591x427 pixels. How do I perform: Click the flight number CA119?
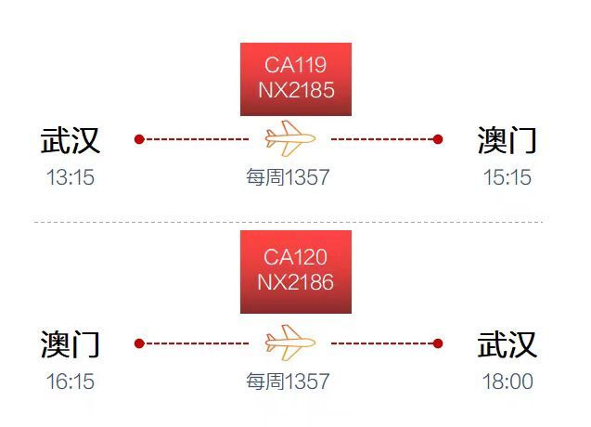pyautogui.click(x=295, y=65)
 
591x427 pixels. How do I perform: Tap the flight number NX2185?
pyautogui.click(x=296, y=90)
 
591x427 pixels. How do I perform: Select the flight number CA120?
pyautogui.click(x=295, y=257)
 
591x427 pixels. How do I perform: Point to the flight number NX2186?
pyautogui.click(x=295, y=282)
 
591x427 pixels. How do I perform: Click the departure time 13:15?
pyautogui.click(x=71, y=177)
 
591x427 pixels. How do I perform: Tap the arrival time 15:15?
pyautogui.click(x=507, y=177)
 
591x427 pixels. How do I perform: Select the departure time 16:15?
pyautogui.click(x=71, y=382)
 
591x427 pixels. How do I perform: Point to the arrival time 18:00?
pyautogui.click(x=507, y=382)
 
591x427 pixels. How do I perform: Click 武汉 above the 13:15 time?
pyautogui.click(x=71, y=140)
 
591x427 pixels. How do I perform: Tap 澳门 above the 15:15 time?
pyautogui.click(x=507, y=140)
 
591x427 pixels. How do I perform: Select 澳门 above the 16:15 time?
pyautogui.click(x=71, y=344)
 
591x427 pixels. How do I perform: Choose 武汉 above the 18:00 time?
pyautogui.click(x=507, y=344)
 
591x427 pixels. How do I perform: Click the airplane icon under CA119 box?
pyautogui.click(x=290, y=138)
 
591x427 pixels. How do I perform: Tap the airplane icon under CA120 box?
pyautogui.click(x=290, y=343)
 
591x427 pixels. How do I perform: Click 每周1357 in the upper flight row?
pyautogui.click(x=288, y=177)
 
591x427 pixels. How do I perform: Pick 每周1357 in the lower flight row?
pyautogui.click(x=288, y=382)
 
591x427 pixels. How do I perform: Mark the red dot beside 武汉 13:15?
pyautogui.click(x=139, y=139)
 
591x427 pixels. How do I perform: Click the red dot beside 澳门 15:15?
pyautogui.click(x=438, y=139)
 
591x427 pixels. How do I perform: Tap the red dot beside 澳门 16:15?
pyautogui.click(x=139, y=343)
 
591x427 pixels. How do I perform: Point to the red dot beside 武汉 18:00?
pyautogui.click(x=438, y=343)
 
